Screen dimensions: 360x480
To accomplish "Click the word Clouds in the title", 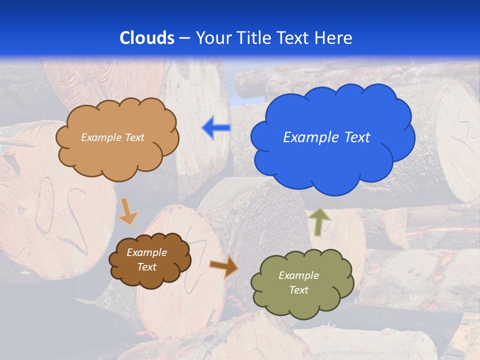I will pos(147,38).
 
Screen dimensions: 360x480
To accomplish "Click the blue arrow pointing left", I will pos(216,127).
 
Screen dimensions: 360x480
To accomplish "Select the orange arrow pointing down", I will pos(127,211).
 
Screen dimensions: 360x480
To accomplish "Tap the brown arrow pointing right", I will pos(223,266).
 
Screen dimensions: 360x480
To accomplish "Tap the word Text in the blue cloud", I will pos(357,137).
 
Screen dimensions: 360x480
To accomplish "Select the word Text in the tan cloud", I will pos(134,137).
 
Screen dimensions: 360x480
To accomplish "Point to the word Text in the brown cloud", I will pos(147,267).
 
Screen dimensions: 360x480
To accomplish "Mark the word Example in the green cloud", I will pos(298,275).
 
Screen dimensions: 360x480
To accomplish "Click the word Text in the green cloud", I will pos(298,290).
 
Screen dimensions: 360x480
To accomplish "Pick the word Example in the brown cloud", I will pos(147,252).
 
